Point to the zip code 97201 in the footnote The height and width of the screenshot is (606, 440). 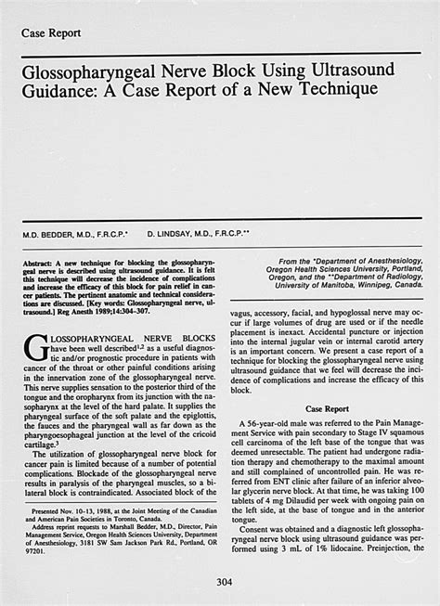(x=33, y=551)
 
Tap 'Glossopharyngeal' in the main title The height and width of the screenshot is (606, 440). (x=97, y=71)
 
